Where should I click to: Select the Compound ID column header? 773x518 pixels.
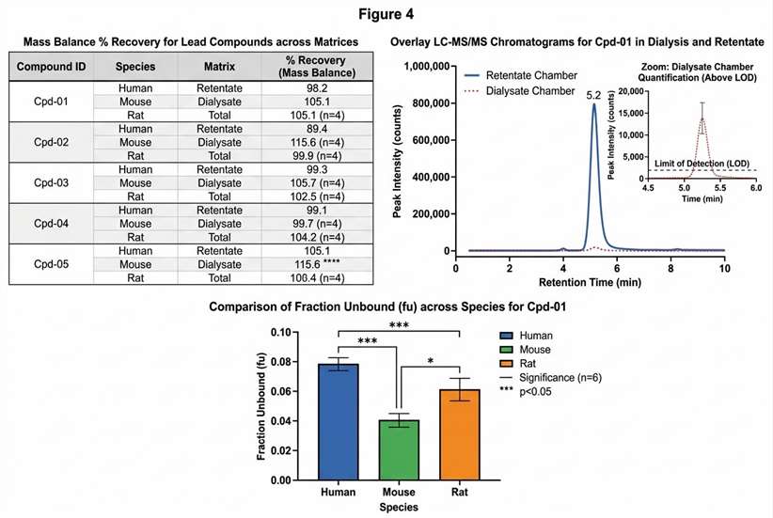click(54, 68)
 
